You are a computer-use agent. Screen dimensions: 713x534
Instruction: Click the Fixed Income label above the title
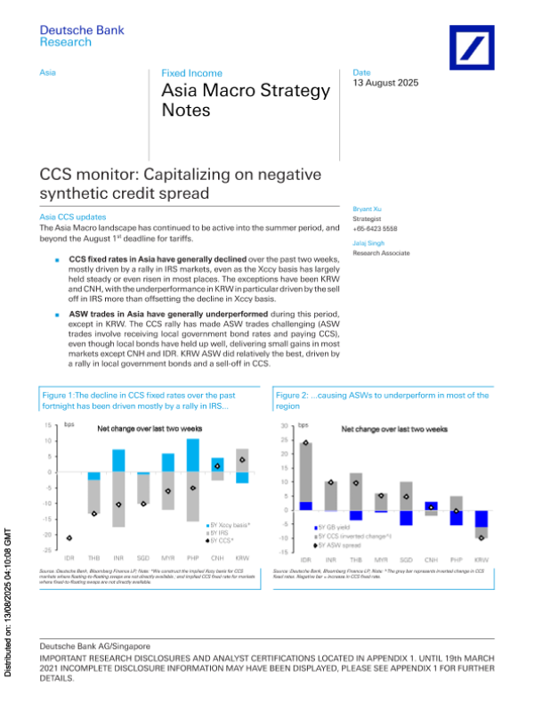click(191, 73)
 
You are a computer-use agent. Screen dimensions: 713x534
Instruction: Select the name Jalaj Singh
click(368, 242)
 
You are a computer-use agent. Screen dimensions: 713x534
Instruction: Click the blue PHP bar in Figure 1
click(192, 455)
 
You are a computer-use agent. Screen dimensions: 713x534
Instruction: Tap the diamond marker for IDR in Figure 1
click(69, 537)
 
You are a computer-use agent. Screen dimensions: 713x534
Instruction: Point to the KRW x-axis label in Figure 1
click(242, 556)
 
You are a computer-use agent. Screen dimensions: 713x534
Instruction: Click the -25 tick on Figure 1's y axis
click(47, 551)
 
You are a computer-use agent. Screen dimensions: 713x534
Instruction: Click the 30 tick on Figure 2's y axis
click(283, 426)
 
